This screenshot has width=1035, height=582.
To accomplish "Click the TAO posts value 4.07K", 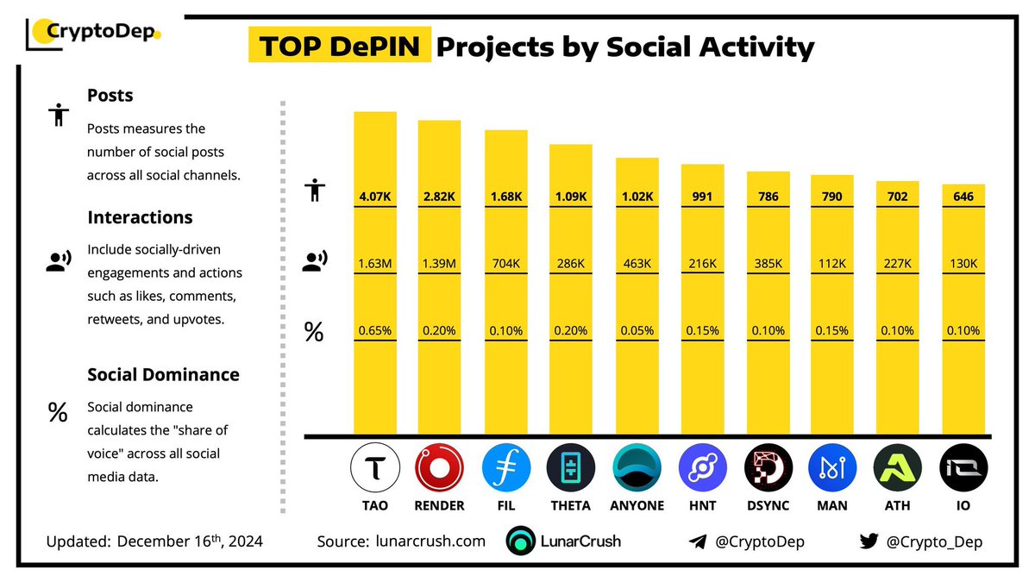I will coord(375,197).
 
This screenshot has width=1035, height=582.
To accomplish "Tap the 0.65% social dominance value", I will coord(375,330).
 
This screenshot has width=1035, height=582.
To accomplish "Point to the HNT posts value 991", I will coord(701,197).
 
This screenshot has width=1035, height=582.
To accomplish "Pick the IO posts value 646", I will coord(963,197).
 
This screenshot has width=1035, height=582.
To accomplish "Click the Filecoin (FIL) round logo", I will coord(505,468).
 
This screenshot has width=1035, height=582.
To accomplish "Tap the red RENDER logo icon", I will coord(440,468).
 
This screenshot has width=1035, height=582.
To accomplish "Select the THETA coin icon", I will coord(571,468).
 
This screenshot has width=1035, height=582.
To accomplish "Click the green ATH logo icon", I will coord(897,468).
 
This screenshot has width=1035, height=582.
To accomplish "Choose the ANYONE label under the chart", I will coord(637,505).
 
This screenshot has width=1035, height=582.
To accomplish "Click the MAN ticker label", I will coord(832,505).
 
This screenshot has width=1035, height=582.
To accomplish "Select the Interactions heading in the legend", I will coord(140,217).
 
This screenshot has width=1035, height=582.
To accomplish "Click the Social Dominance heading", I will coord(163,375).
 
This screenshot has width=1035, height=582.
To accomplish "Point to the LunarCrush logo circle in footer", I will coord(522,541).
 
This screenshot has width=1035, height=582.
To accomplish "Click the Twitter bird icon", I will coord(869,541).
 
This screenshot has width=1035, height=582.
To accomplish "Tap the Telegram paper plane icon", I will coord(699,541).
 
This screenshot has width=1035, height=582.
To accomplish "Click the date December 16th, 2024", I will coord(190,541).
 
